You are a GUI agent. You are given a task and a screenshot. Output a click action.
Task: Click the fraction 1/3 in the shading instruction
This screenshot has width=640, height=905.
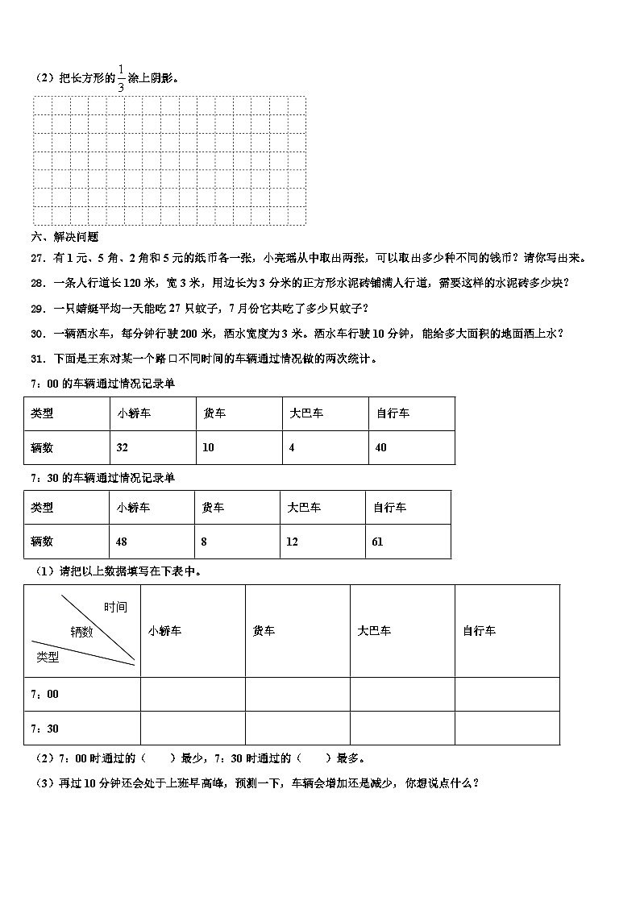[121, 77]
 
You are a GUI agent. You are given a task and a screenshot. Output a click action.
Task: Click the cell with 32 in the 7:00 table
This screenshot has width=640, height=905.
[123, 447]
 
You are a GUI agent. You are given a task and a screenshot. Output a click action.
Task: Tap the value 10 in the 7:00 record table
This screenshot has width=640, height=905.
[209, 447]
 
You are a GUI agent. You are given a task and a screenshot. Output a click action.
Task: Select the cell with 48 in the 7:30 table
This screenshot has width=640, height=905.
[122, 542]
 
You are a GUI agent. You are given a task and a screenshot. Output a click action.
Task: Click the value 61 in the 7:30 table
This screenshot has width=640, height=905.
[377, 542]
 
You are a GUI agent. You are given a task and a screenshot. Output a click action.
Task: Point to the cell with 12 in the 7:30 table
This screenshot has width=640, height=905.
[292, 542]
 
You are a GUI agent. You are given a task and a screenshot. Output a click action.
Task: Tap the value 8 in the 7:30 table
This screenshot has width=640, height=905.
[204, 542]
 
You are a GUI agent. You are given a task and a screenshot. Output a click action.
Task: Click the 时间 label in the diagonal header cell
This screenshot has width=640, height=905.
[115, 608]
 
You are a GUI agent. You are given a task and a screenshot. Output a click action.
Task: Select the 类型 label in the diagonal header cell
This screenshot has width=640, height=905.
[48, 657]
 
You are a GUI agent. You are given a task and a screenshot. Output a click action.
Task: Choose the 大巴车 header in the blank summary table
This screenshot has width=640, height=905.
[375, 631]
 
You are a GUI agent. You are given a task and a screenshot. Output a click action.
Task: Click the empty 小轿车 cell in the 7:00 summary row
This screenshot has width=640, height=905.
[193, 694]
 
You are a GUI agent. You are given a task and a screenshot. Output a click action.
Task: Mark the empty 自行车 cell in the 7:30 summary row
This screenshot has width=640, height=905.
[507, 729]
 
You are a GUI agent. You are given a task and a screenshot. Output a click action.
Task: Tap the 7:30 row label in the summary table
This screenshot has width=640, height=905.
[44, 729]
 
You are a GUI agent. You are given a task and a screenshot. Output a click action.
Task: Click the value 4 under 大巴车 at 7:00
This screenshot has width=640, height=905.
[292, 447]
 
